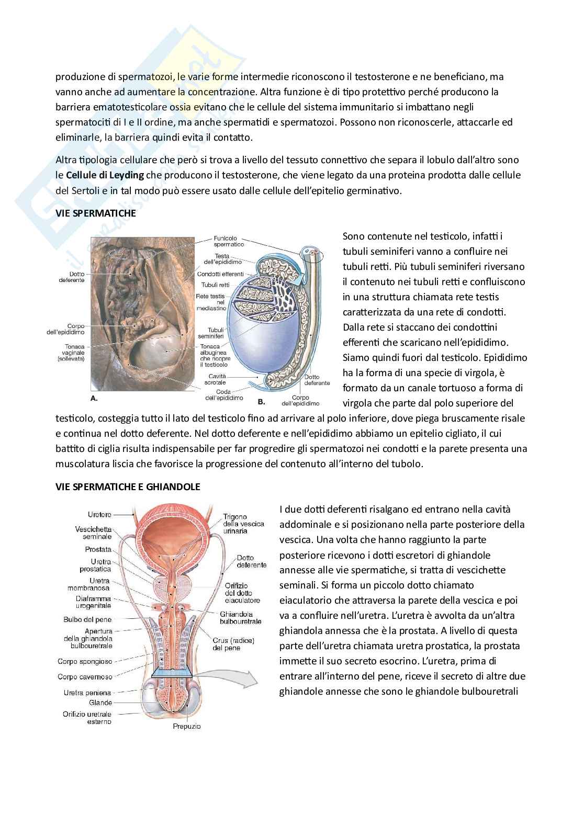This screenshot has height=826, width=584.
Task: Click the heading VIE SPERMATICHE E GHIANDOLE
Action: pyautogui.click(x=128, y=486)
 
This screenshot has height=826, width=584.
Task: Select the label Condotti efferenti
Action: pyautogui.click(x=220, y=274)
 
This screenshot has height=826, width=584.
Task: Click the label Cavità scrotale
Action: pyautogui.click(x=215, y=379)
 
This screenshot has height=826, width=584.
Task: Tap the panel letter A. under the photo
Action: pyautogui.click(x=94, y=398)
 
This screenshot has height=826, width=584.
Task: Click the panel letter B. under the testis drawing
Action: pyautogui.click(x=262, y=402)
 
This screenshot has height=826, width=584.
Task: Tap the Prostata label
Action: pyautogui.click(x=98, y=549)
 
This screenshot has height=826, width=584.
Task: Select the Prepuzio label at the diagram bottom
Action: pyautogui.click(x=187, y=726)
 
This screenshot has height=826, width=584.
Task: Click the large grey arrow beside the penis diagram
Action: pyautogui.click(x=235, y=678)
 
